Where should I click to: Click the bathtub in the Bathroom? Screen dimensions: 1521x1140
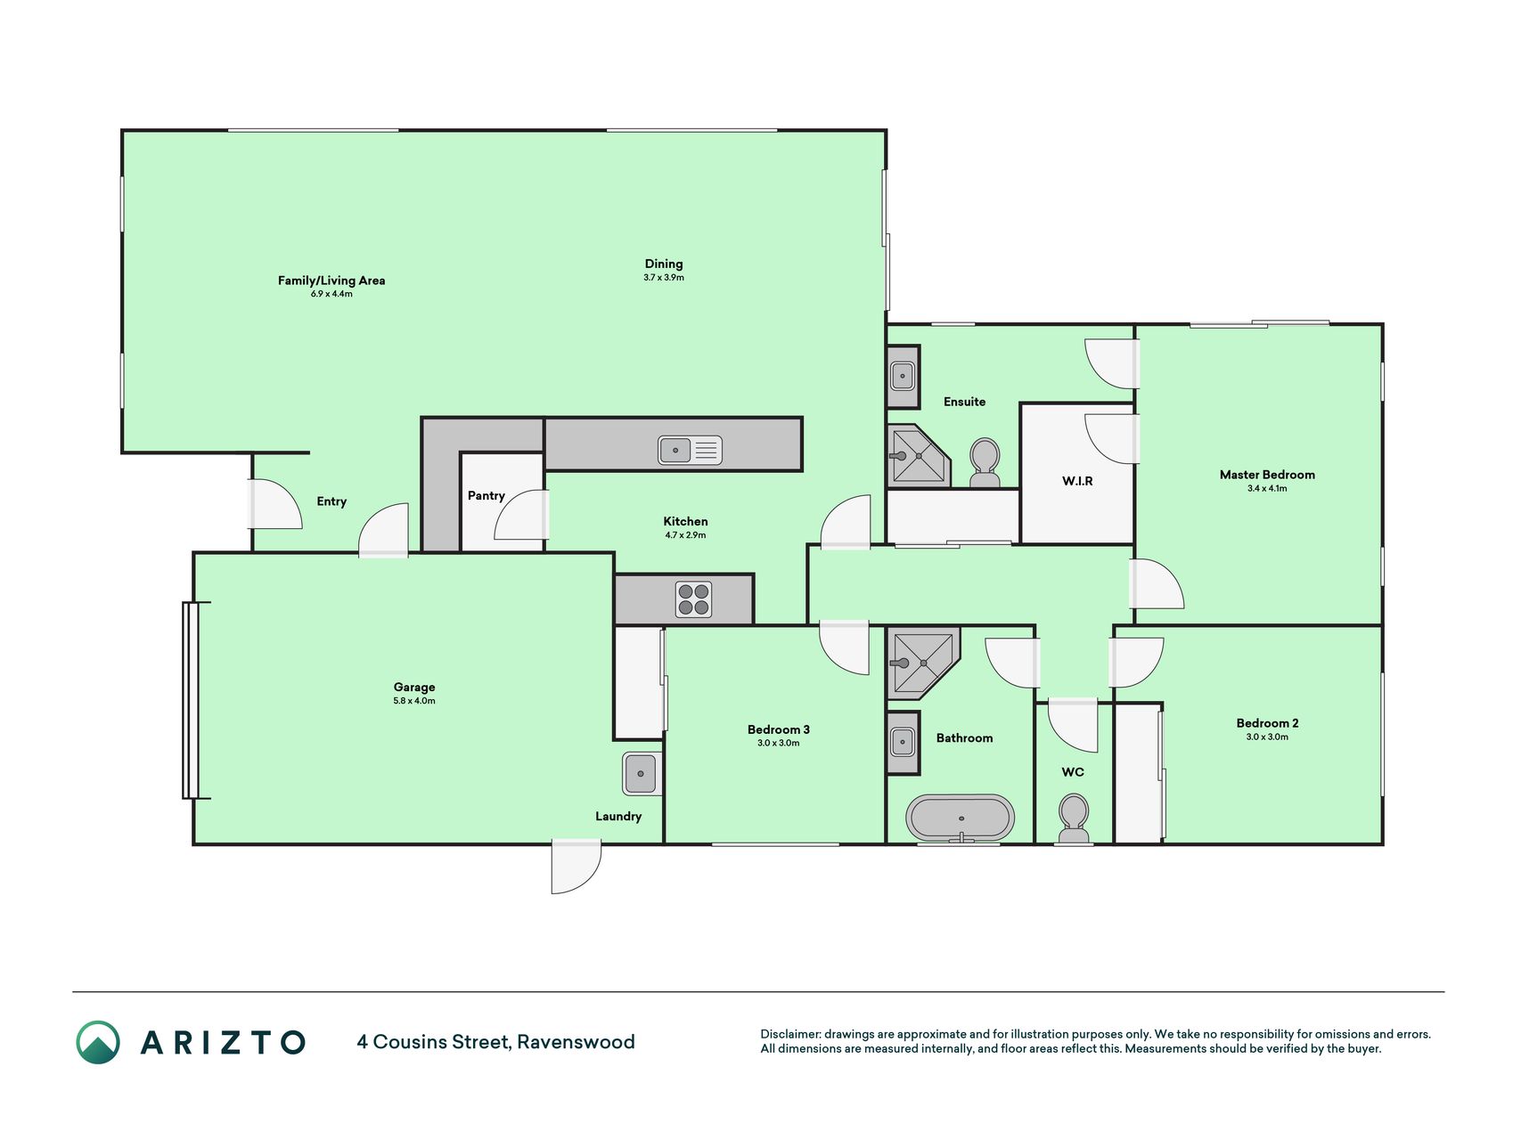[960, 818]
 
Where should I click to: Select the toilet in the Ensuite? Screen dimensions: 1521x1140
[985, 462]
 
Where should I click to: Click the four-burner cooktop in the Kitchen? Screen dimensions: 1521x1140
[693, 598]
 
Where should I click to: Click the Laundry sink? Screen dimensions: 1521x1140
[641, 773]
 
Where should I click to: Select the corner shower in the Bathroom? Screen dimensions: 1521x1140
[923, 663]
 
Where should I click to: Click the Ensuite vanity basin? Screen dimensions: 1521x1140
[903, 376]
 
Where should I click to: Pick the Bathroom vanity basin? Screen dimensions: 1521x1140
[903, 742]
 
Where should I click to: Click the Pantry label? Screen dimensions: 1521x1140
[487, 495]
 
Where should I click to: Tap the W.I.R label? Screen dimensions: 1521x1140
[1077, 481]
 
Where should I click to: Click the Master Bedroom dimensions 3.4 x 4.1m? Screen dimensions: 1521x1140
[1267, 488]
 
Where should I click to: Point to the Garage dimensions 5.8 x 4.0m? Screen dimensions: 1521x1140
[414, 701]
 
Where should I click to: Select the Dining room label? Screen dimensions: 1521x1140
[664, 264]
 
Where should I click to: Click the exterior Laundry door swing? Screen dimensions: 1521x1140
[577, 866]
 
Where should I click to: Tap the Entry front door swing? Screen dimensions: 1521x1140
[275, 504]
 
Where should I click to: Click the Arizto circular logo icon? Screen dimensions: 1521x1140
[98, 1042]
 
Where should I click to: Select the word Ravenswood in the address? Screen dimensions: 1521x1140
[576, 1042]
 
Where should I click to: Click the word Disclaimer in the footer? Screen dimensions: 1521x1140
[789, 1034]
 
